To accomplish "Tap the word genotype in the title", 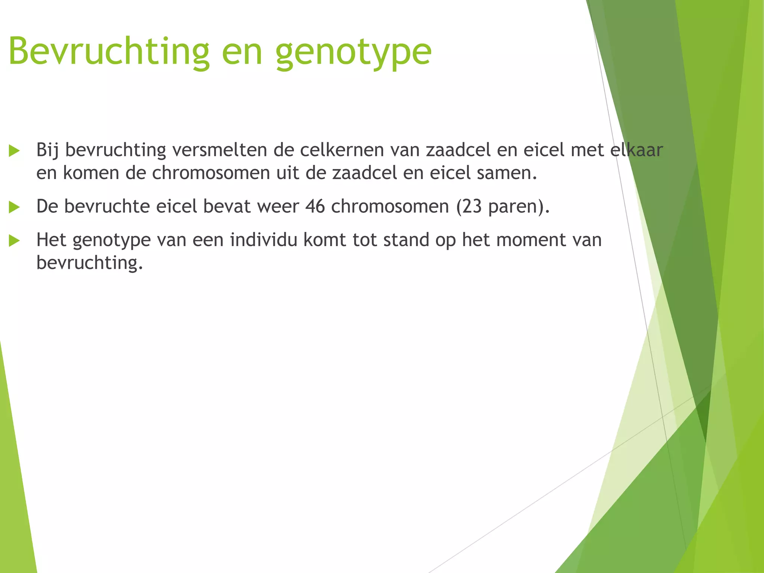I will point(353,52).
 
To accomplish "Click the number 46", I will point(315,206).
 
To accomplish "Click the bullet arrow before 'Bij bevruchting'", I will point(14,151).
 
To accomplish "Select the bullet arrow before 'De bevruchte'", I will point(14,207).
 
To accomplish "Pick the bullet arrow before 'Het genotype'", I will point(14,241).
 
